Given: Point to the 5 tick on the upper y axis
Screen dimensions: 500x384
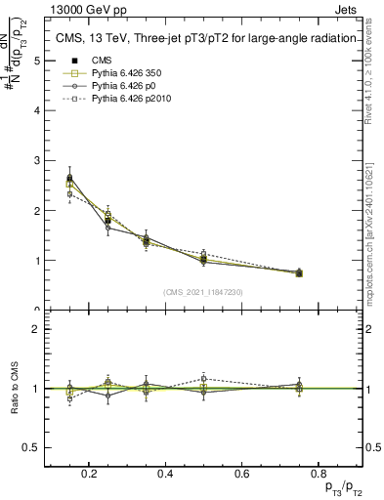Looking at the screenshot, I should (36, 61).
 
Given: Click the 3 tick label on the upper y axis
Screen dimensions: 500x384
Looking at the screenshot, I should (36, 160).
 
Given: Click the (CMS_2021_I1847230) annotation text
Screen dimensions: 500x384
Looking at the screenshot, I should (202, 292).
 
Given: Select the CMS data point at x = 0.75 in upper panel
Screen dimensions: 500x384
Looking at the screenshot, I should (299, 272).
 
